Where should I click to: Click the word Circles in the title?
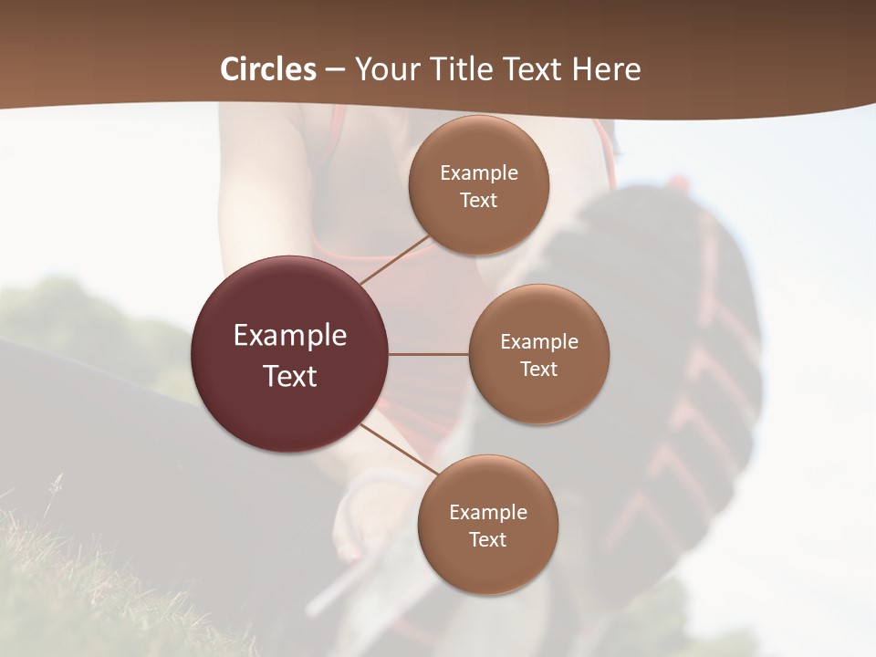click(x=268, y=69)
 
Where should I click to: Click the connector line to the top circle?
click(x=394, y=261)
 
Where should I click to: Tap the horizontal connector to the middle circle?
click(x=429, y=354)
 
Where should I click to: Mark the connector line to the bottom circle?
click(x=399, y=451)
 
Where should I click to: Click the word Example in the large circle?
click(x=290, y=336)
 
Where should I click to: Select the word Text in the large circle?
click(x=290, y=376)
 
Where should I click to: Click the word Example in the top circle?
click(x=479, y=173)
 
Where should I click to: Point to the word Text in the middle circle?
click(x=538, y=370)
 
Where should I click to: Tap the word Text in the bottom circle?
click(x=488, y=540)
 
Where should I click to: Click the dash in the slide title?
click(x=335, y=70)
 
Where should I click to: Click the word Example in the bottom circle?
click(x=488, y=513)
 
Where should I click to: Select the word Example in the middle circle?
click(x=538, y=342)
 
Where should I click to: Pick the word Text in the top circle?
click(x=479, y=201)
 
